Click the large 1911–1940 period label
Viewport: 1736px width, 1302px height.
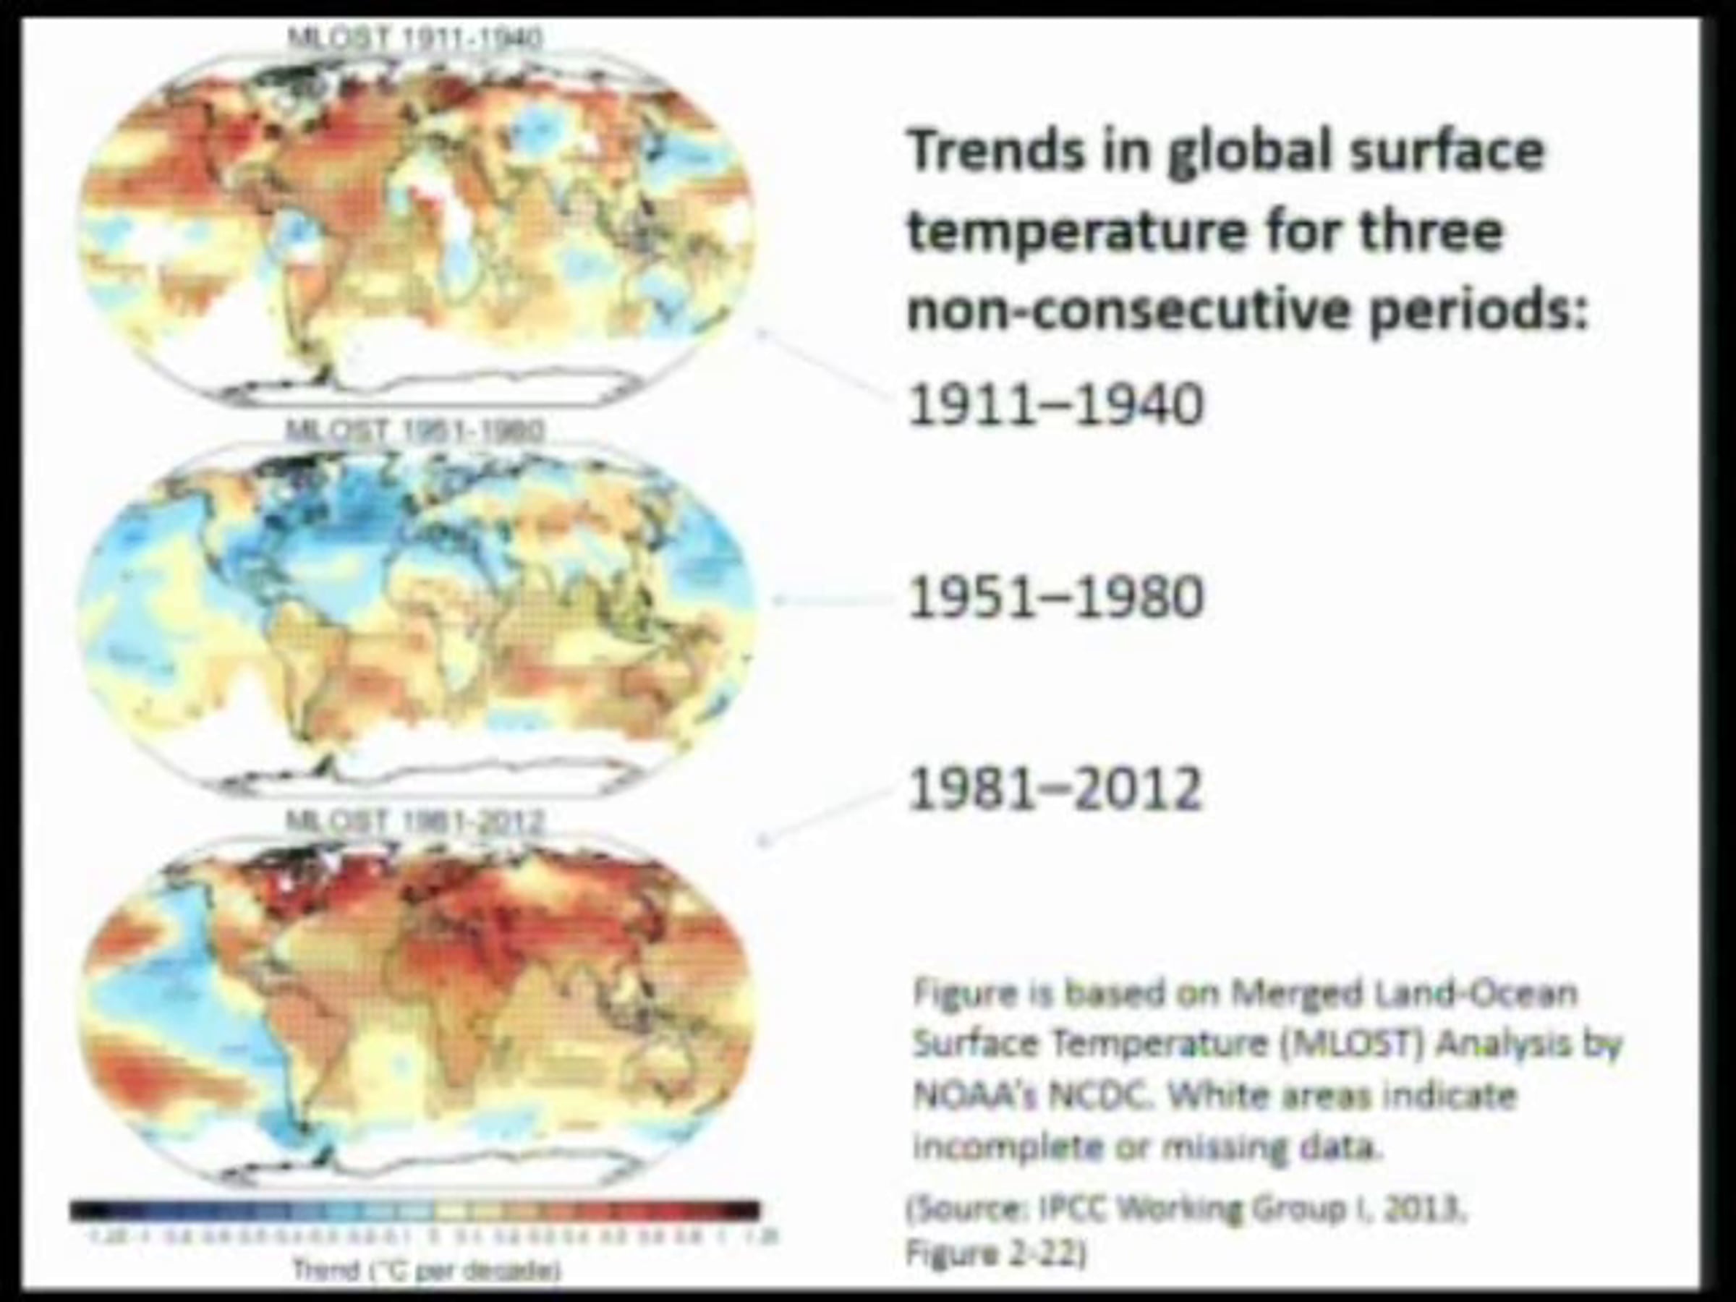point(1054,405)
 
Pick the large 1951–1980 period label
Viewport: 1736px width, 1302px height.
point(1054,598)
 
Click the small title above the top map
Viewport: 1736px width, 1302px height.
point(415,38)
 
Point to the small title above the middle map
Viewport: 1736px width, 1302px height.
point(414,430)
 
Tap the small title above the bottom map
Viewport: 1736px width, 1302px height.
point(414,822)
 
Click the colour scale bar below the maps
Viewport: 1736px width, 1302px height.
point(415,1211)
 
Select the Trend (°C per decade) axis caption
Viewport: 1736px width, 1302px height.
point(426,1271)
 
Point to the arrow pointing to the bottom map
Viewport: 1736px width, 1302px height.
point(824,816)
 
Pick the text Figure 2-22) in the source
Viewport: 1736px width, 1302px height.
point(995,1254)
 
